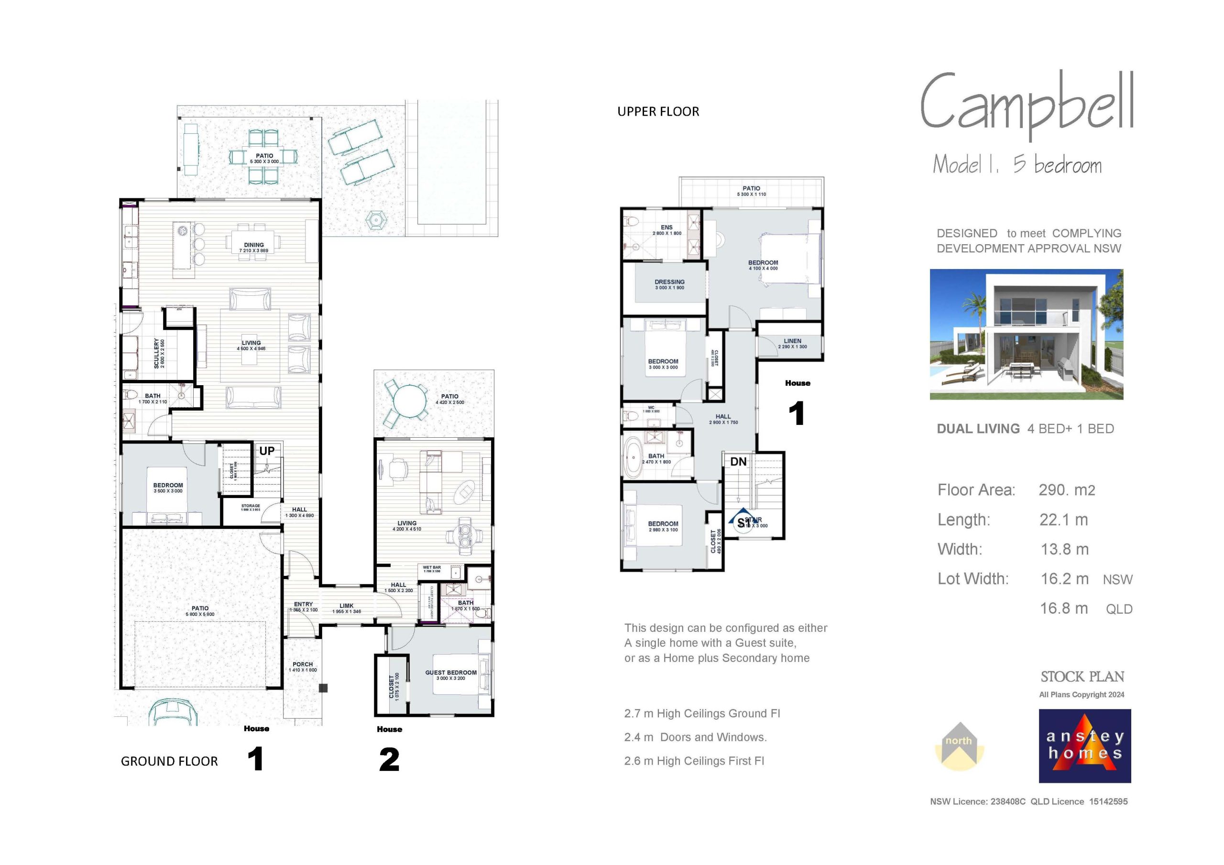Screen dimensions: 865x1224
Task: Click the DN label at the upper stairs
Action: coord(738,462)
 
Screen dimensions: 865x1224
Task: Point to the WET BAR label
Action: coord(432,568)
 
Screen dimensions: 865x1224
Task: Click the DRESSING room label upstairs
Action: coord(669,282)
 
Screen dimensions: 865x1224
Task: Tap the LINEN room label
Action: coord(793,341)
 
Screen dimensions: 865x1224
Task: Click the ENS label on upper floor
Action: coord(667,227)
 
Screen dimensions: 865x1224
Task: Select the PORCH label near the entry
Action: coord(303,665)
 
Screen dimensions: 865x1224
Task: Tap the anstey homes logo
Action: coord(1085,746)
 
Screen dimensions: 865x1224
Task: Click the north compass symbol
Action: coord(959,746)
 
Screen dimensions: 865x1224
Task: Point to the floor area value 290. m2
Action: coord(1067,490)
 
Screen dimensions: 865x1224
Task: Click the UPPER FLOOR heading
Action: coord(658,112)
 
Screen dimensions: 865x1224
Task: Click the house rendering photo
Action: coord(1026,334)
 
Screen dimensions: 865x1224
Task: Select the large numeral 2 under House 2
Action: coord(389,760)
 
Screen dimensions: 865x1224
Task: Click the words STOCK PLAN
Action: coord(1082,677)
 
